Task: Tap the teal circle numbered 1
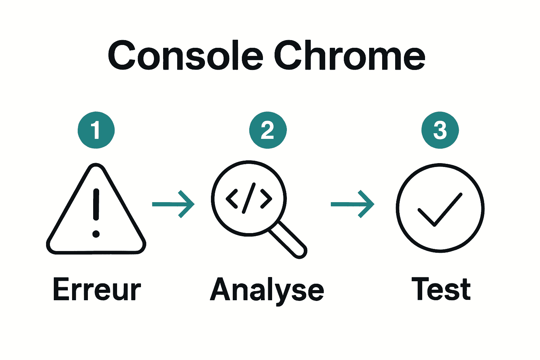pos(96,130)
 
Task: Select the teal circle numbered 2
pos(268,130)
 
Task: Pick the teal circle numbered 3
pos(440,130)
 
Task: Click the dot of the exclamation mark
pos(96,234)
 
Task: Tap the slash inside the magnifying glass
pos(249,198)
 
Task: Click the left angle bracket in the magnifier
pos(231,199)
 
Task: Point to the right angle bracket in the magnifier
pos(266,199)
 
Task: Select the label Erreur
pos(97,289)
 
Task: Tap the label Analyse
pos(267,290)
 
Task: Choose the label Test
pos(441,289)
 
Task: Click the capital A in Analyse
pos(221,289)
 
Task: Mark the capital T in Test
pos(422,289)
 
